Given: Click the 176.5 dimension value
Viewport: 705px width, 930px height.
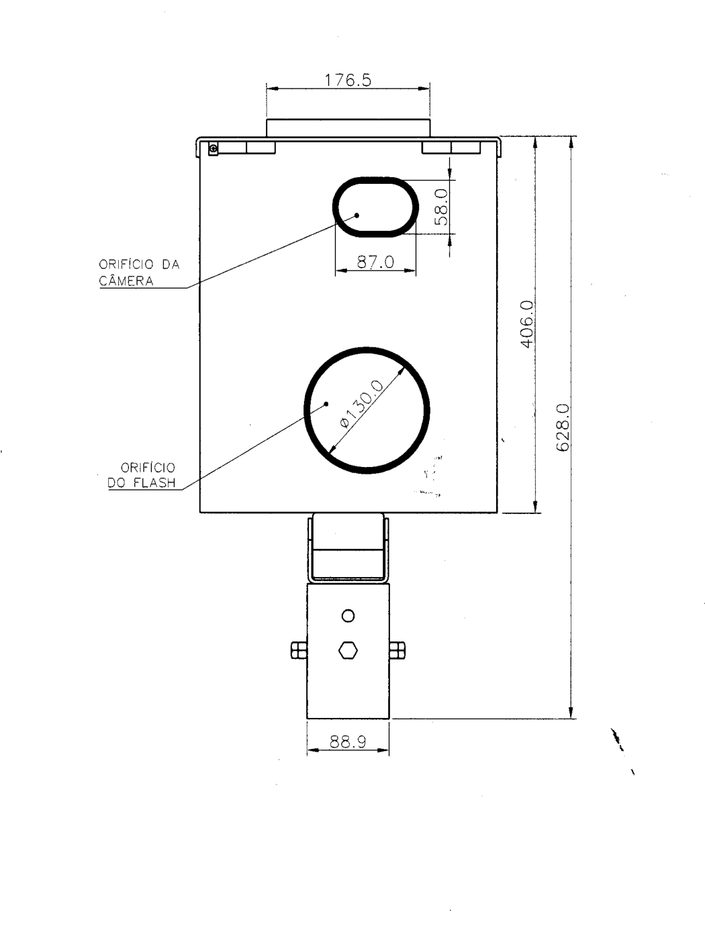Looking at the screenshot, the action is (348, 80).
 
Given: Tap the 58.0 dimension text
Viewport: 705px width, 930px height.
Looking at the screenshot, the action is (441, 207).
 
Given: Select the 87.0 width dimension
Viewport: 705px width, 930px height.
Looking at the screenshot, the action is (375, 262).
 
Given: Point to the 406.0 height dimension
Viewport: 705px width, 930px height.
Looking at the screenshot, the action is (526, 324).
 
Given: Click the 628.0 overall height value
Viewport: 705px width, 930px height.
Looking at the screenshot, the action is (562, 427).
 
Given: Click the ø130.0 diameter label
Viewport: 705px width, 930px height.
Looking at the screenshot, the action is (362, 404).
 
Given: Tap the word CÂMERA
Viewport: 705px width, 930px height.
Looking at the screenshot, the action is (126, 280).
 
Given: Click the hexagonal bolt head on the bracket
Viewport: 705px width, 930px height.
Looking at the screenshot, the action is (348, 650).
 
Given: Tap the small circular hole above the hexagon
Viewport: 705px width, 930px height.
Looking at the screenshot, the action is (348, 615).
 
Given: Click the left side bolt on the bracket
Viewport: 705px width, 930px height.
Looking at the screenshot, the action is (299, 650).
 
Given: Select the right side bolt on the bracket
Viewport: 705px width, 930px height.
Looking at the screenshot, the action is (397, 650).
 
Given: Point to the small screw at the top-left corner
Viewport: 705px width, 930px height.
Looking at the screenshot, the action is (214, 148).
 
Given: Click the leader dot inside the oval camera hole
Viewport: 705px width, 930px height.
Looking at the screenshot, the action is (357, 215).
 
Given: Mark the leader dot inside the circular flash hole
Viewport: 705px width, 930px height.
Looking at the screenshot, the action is (326, 404).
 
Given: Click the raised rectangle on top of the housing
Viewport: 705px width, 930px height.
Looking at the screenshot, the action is (348, 128).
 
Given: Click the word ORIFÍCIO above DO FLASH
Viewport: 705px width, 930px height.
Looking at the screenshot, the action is (148, 467).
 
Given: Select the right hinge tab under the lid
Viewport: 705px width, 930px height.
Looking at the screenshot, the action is (451, 148).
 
